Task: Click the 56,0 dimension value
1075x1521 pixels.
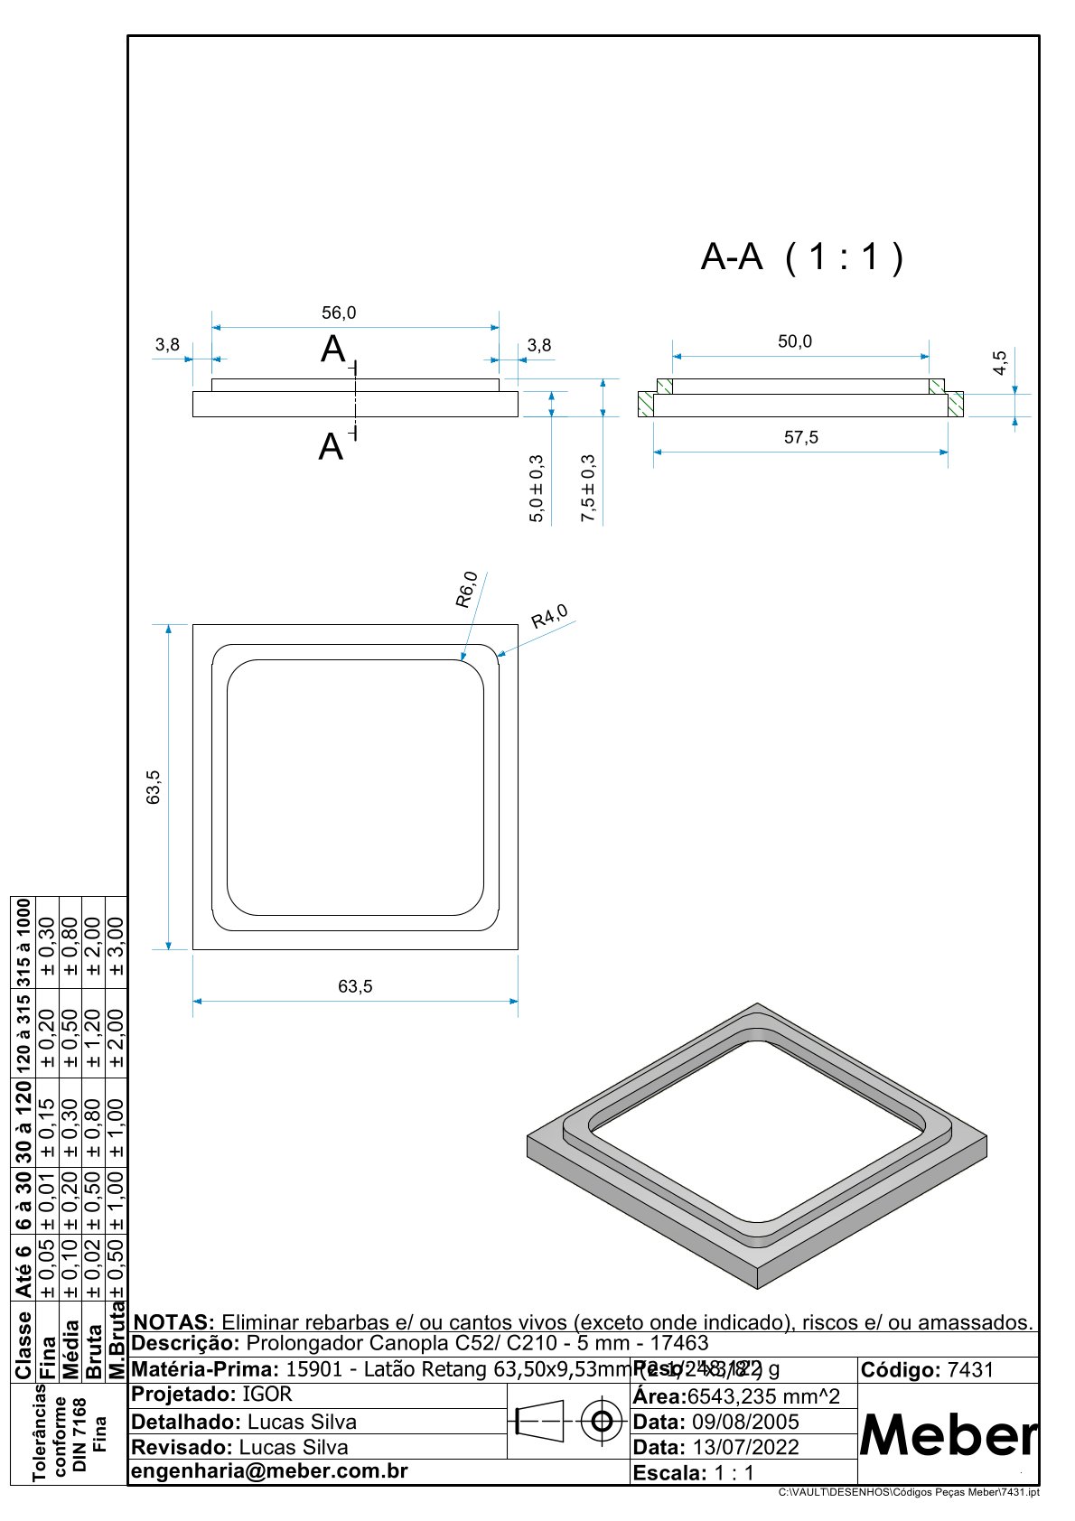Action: (339, 313)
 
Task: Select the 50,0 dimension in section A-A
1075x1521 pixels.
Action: (795, 341)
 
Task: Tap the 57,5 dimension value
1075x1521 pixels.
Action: (800, 437)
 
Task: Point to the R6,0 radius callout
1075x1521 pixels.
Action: (466, 590)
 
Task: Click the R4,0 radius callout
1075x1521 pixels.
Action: (549, 617)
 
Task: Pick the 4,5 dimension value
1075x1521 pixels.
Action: (1000, 363)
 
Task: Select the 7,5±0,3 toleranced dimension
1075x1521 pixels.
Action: (588, 489)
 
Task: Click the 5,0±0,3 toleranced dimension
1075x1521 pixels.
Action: (537, 489)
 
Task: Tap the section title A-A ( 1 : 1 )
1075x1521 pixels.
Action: (801, 257)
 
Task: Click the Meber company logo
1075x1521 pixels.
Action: (948, 1434)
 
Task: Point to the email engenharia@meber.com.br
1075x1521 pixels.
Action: (270, 1470)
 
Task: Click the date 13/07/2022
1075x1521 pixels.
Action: (745, 1447)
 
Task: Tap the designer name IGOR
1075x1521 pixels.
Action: (267, 1394)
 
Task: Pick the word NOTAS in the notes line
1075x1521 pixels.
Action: (173, 1322)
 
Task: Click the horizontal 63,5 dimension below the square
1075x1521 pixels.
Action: (355, 986)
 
